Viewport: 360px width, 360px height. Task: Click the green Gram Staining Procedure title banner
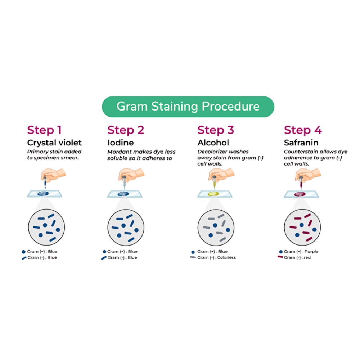188,107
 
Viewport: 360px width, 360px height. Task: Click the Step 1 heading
45,130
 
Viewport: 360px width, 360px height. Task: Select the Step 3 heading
216,130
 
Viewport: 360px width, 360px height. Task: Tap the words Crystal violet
54,143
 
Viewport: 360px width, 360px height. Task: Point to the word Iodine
121,143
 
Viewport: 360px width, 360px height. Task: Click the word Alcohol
213,143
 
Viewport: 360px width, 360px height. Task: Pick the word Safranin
301,143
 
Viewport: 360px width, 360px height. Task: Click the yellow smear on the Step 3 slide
213,194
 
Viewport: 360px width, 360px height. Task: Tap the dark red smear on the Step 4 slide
300,194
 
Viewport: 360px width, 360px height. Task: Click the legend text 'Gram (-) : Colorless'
216,258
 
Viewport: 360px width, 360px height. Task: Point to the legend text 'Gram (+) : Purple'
301,251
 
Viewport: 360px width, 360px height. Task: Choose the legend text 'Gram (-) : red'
297,258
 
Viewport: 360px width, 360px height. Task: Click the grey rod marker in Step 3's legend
193,257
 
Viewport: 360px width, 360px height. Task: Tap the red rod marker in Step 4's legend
280,257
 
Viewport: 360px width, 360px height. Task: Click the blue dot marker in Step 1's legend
23,252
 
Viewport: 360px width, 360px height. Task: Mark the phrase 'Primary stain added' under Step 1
54,152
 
